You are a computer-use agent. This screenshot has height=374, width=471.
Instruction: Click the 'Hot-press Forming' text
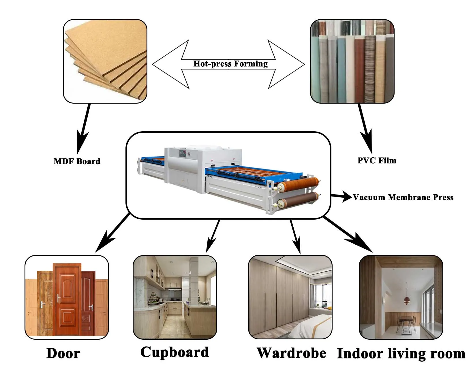click(230, 64)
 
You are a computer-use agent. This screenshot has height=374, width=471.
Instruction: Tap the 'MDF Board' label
click(77, 161)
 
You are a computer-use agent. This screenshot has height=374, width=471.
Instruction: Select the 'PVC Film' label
click(377, 160)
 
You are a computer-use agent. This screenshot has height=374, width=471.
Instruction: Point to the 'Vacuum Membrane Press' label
click(403, 197)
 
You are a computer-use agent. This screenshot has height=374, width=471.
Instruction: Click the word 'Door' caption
click(63, 353)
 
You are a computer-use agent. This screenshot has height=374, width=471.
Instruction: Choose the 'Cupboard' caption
click(174, 352)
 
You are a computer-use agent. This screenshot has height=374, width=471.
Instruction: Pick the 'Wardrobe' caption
click(291, 353)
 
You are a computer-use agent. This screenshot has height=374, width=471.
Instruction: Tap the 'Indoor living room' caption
click(401, 354)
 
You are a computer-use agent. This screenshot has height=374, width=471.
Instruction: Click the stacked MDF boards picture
click(105, 61)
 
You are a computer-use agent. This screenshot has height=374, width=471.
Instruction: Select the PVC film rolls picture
click(352, 61)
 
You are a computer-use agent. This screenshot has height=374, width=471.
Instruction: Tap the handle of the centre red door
click(59, 298)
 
